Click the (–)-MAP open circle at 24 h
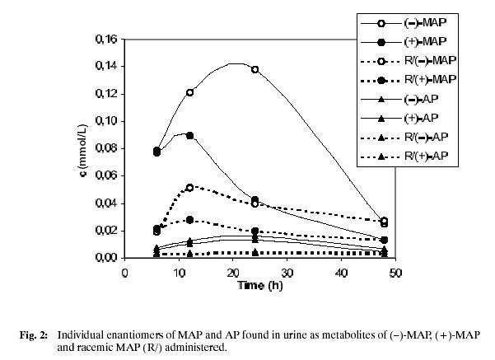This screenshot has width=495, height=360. coord(255,69)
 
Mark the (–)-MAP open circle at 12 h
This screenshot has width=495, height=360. coord(190,92)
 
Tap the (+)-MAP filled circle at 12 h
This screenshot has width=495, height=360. coord(190,135)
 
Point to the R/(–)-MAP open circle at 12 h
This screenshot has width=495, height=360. coord(190,187)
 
